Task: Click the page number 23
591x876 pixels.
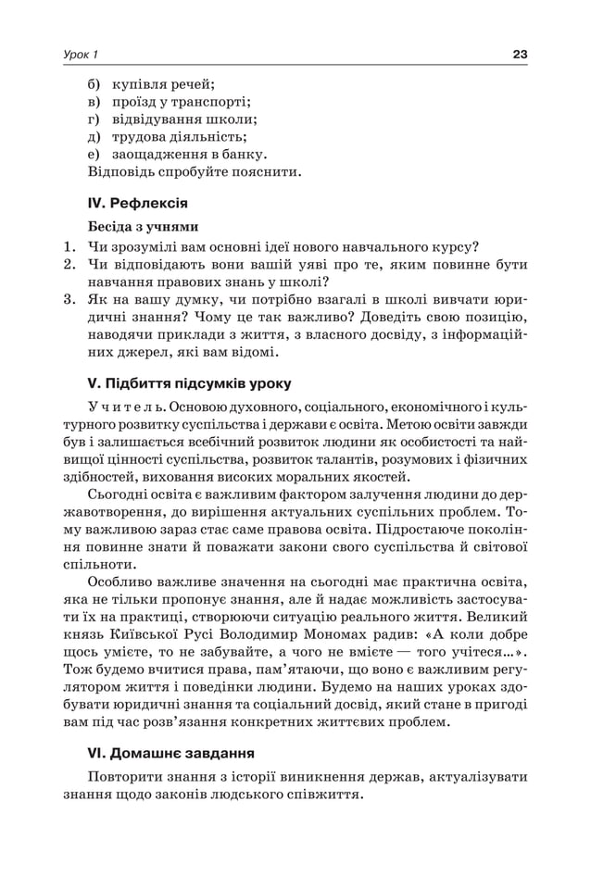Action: click(520, 55)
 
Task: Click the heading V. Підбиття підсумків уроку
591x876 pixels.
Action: click(189, 382)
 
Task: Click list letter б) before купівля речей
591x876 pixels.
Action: click(94, 83)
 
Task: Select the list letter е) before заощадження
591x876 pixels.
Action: click(94, 154)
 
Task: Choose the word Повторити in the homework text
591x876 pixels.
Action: click(128, 776)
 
